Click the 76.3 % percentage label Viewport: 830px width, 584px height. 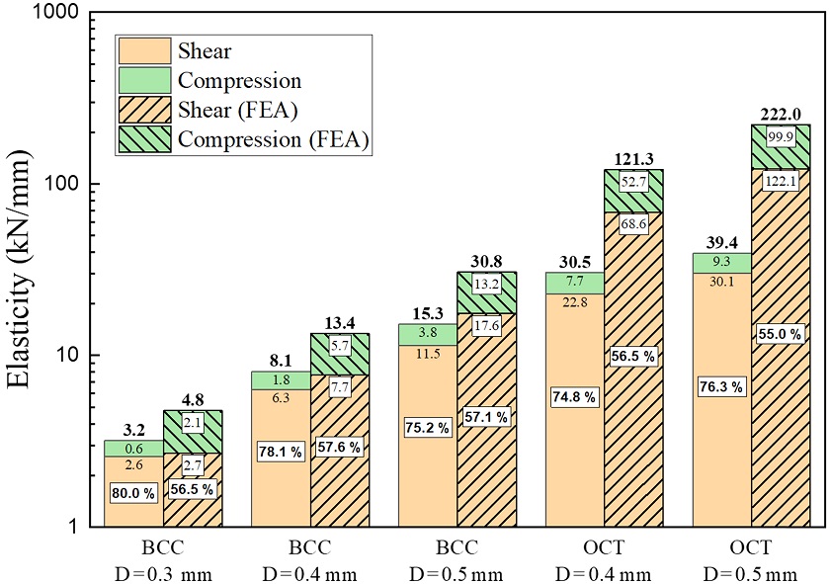click(721, 385)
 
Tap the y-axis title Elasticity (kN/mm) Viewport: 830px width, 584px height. click(24, 269)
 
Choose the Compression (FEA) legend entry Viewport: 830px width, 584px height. click(273, 140)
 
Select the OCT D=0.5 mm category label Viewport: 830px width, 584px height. click(751, 560)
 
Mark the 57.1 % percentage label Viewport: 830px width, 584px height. click(486, 417)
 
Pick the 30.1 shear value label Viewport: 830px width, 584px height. click(721, 280)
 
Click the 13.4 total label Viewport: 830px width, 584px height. click(339, 324)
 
